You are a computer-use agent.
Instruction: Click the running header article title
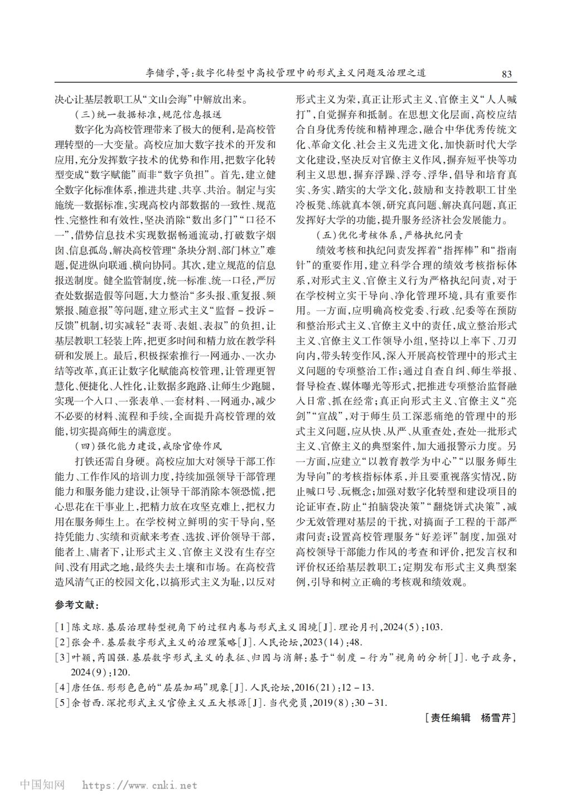[286, 73]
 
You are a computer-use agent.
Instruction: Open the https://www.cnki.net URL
[139, 785]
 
